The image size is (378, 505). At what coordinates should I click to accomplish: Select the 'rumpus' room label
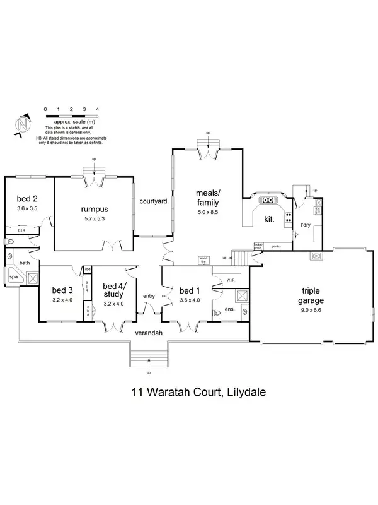coord(94,210)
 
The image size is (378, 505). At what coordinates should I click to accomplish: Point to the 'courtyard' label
coord(152,201)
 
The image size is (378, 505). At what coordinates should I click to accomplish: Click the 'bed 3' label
coord(62,290)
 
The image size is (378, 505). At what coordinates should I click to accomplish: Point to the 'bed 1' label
coord(189,290)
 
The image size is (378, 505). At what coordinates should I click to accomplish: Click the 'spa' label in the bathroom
coord(13,276)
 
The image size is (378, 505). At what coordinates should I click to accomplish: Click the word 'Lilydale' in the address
coord(243,392)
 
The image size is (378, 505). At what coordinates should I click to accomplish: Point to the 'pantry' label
coord(275,246)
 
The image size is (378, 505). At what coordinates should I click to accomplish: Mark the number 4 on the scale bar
coord(97,110)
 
